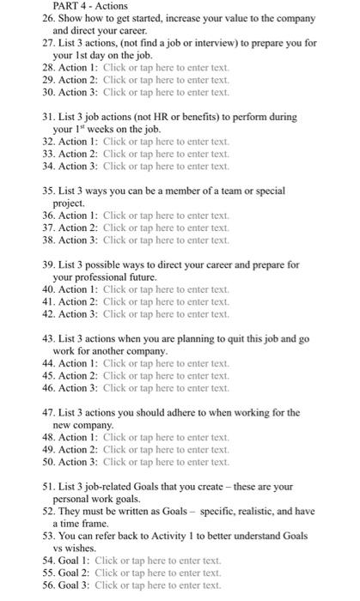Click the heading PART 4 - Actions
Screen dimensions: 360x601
click(x=89, y=6)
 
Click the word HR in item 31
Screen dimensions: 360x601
click(x=159, y=117)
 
